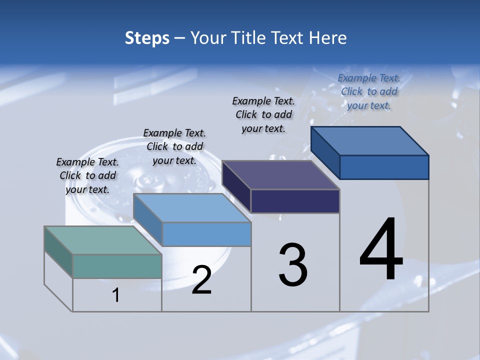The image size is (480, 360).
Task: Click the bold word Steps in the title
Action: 147,38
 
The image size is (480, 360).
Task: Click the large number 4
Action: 381,250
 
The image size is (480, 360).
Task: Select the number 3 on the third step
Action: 293,265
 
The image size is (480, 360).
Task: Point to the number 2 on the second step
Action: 202,280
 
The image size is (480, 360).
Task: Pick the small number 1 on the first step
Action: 116,295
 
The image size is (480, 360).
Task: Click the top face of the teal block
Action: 102,240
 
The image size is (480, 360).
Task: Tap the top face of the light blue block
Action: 191,208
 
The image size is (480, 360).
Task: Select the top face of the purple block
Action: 280,175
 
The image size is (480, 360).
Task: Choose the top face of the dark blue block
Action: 369,141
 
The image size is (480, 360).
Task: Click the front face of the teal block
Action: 117,266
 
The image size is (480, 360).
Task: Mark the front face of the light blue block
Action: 206,234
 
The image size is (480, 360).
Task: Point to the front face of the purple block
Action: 295,201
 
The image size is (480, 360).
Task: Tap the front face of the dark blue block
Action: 384,167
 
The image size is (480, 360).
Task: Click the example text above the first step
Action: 87,175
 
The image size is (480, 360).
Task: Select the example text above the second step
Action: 174,146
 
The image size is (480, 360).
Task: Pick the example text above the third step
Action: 263,114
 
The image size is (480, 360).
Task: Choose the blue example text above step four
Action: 369,91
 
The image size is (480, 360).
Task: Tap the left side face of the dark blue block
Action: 325,153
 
